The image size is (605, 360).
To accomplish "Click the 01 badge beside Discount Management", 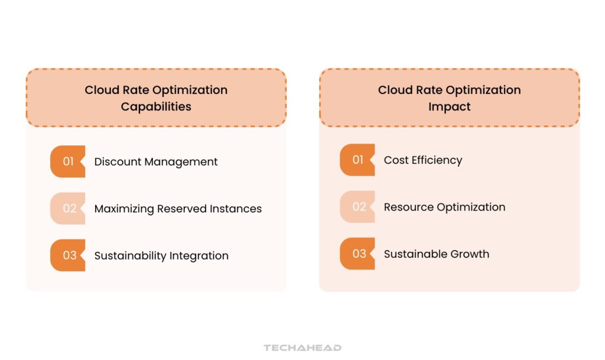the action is (x=67, y=161).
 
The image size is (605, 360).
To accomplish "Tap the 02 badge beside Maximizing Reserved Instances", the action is (x=67, y=208).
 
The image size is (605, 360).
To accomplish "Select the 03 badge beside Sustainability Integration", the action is (x=67, y=255).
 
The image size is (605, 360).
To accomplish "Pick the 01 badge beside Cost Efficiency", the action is (x=357, y=160).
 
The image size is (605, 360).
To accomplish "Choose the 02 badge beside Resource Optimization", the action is (x=357, y=207).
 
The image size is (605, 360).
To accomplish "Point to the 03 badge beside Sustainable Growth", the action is (x=357, y=254).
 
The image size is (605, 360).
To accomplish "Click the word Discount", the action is (x=118, y=161).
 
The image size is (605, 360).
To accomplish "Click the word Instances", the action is (x=236, y=209).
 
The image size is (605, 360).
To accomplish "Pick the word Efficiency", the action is (x=437, y=161).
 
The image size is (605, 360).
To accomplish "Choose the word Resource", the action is (x=409, y=207).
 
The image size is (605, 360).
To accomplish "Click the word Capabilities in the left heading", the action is (x=156, y=107).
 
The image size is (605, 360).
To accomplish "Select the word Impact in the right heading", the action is (x=450, y=107).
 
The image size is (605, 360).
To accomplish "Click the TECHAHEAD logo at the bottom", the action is (x=302, y=348).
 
